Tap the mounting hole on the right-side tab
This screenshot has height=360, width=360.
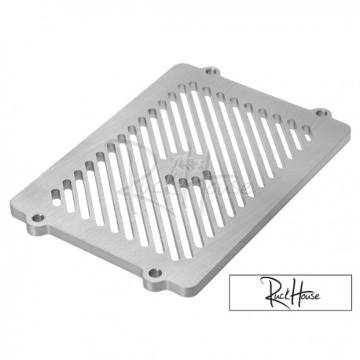coord(321,114)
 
